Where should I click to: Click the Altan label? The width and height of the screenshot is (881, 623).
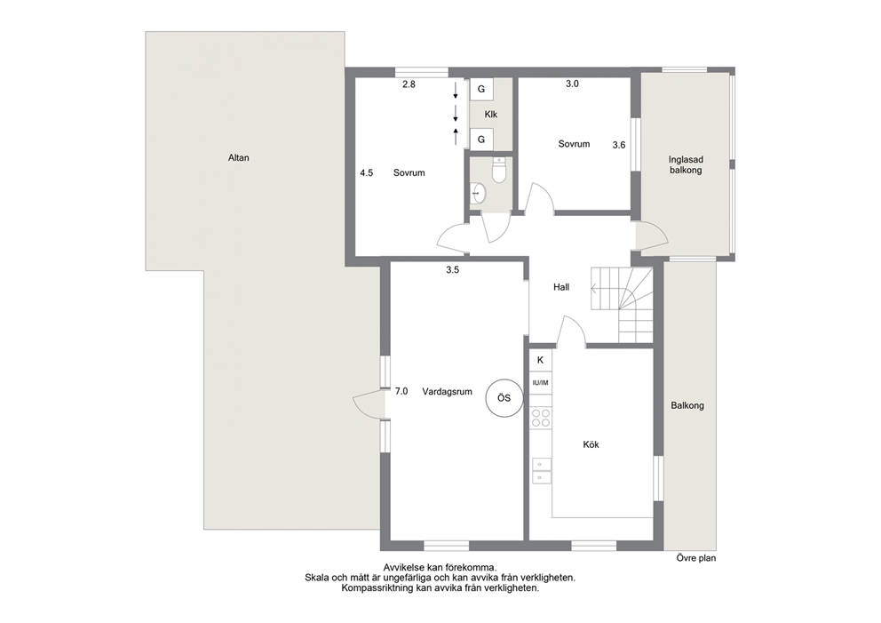coord(238,158)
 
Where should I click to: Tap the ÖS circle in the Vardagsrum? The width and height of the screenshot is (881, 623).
coord(504,398)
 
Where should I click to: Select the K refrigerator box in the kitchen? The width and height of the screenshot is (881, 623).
coord(541,360)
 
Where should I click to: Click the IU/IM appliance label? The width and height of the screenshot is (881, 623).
coord(541,383)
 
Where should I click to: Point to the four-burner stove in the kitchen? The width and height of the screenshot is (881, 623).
coord(541,417)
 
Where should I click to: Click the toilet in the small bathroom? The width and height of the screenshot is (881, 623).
coord(498,171)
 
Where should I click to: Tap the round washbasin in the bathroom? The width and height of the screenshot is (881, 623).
coord(478,193)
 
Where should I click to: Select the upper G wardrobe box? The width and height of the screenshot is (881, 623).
coord(481,89)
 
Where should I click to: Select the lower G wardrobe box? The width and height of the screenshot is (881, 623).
coord(481,139)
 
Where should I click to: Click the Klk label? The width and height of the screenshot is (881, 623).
coord(491,115)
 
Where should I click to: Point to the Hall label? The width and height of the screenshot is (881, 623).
coord(561,287)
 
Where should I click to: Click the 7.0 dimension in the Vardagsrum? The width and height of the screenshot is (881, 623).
coord(401,391)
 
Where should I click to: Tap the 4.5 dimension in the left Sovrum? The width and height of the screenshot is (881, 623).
coord(366,173)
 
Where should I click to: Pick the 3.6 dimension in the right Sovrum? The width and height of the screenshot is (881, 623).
coord(619,145)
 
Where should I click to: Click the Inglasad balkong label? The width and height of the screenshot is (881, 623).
coord(686,165)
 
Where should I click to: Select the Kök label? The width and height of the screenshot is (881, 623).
coord(591,444)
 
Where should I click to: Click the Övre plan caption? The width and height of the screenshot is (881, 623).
coord(696,558)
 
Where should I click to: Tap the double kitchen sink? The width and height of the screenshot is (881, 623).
coord(541,471)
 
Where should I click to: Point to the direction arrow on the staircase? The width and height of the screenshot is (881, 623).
coord(606,289)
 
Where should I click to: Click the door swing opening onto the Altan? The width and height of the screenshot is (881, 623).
coord(365,404)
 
